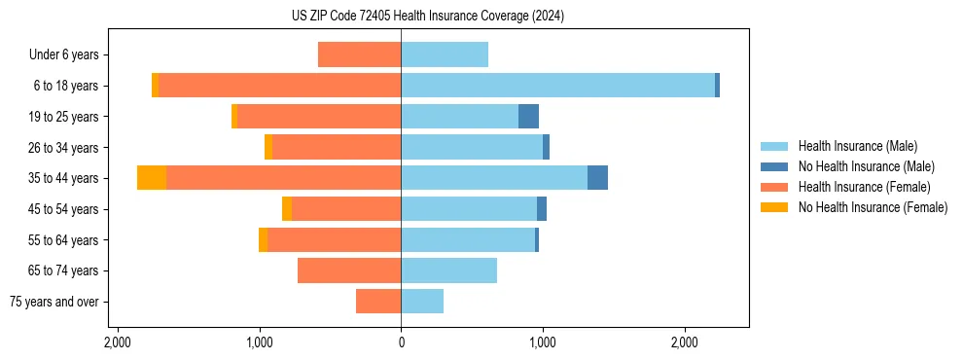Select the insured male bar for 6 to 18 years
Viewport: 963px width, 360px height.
coord(557,86)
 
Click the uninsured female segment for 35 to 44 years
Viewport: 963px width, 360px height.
coord(152,178)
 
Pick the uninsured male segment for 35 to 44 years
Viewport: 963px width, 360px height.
coord(597,178)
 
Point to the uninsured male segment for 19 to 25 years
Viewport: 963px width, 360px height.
coord(528,117)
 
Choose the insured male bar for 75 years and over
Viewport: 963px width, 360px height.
coord(422,302)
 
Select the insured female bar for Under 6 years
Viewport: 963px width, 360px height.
coord(359,55)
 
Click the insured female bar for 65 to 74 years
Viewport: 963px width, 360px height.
coord(349,270)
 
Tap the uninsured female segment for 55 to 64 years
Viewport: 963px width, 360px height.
coord(263,240)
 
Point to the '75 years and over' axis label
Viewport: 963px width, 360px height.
coord(53,302)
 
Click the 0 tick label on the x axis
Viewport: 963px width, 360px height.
coord(401,342)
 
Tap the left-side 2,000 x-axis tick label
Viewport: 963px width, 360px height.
coord(117,342)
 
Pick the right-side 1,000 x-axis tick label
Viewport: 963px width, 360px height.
coord(542,342)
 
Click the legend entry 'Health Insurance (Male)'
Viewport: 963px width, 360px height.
coord(852,146)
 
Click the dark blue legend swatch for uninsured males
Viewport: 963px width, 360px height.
coord(774,166)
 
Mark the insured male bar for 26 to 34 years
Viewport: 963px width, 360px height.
coord(472,148)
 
